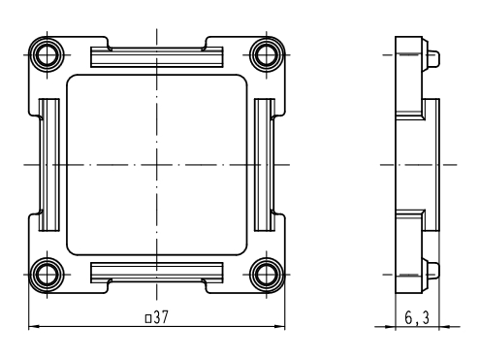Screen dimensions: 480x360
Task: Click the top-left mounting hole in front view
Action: (x=48, y=54)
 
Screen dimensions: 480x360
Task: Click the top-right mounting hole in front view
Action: (x=267, y=54)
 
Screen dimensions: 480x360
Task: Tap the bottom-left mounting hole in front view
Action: (x=48, y=275)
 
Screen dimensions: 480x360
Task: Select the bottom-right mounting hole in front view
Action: (x=267, y=275)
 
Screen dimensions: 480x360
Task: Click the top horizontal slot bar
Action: (x=157, y=57)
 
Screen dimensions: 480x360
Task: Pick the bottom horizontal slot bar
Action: (x=157, y=273)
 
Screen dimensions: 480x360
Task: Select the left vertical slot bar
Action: (x=49, y=165)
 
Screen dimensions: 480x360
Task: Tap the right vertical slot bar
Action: (x=265, y=165)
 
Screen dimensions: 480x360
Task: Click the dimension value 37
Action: (x=161, y=317)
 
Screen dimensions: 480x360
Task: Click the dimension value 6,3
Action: (x=417, y=317)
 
